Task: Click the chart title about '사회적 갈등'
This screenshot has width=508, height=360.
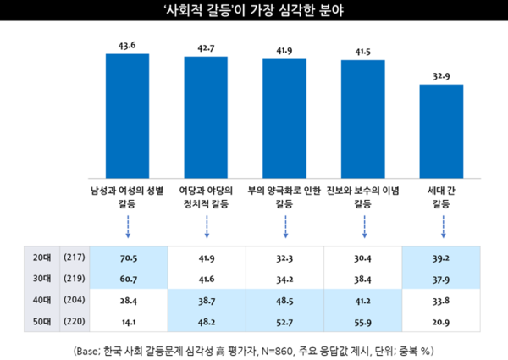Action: (x=254, y=12)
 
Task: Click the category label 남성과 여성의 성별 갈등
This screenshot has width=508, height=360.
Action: (x=128, y=197)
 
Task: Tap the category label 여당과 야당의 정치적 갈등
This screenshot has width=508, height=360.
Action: (x=207, y=197)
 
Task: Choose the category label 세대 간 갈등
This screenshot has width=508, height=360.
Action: (x=441, y=197)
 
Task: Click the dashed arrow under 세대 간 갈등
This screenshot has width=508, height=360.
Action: (x=441, y=225)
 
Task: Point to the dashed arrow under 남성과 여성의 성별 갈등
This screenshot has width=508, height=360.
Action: (x=128, y=225)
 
